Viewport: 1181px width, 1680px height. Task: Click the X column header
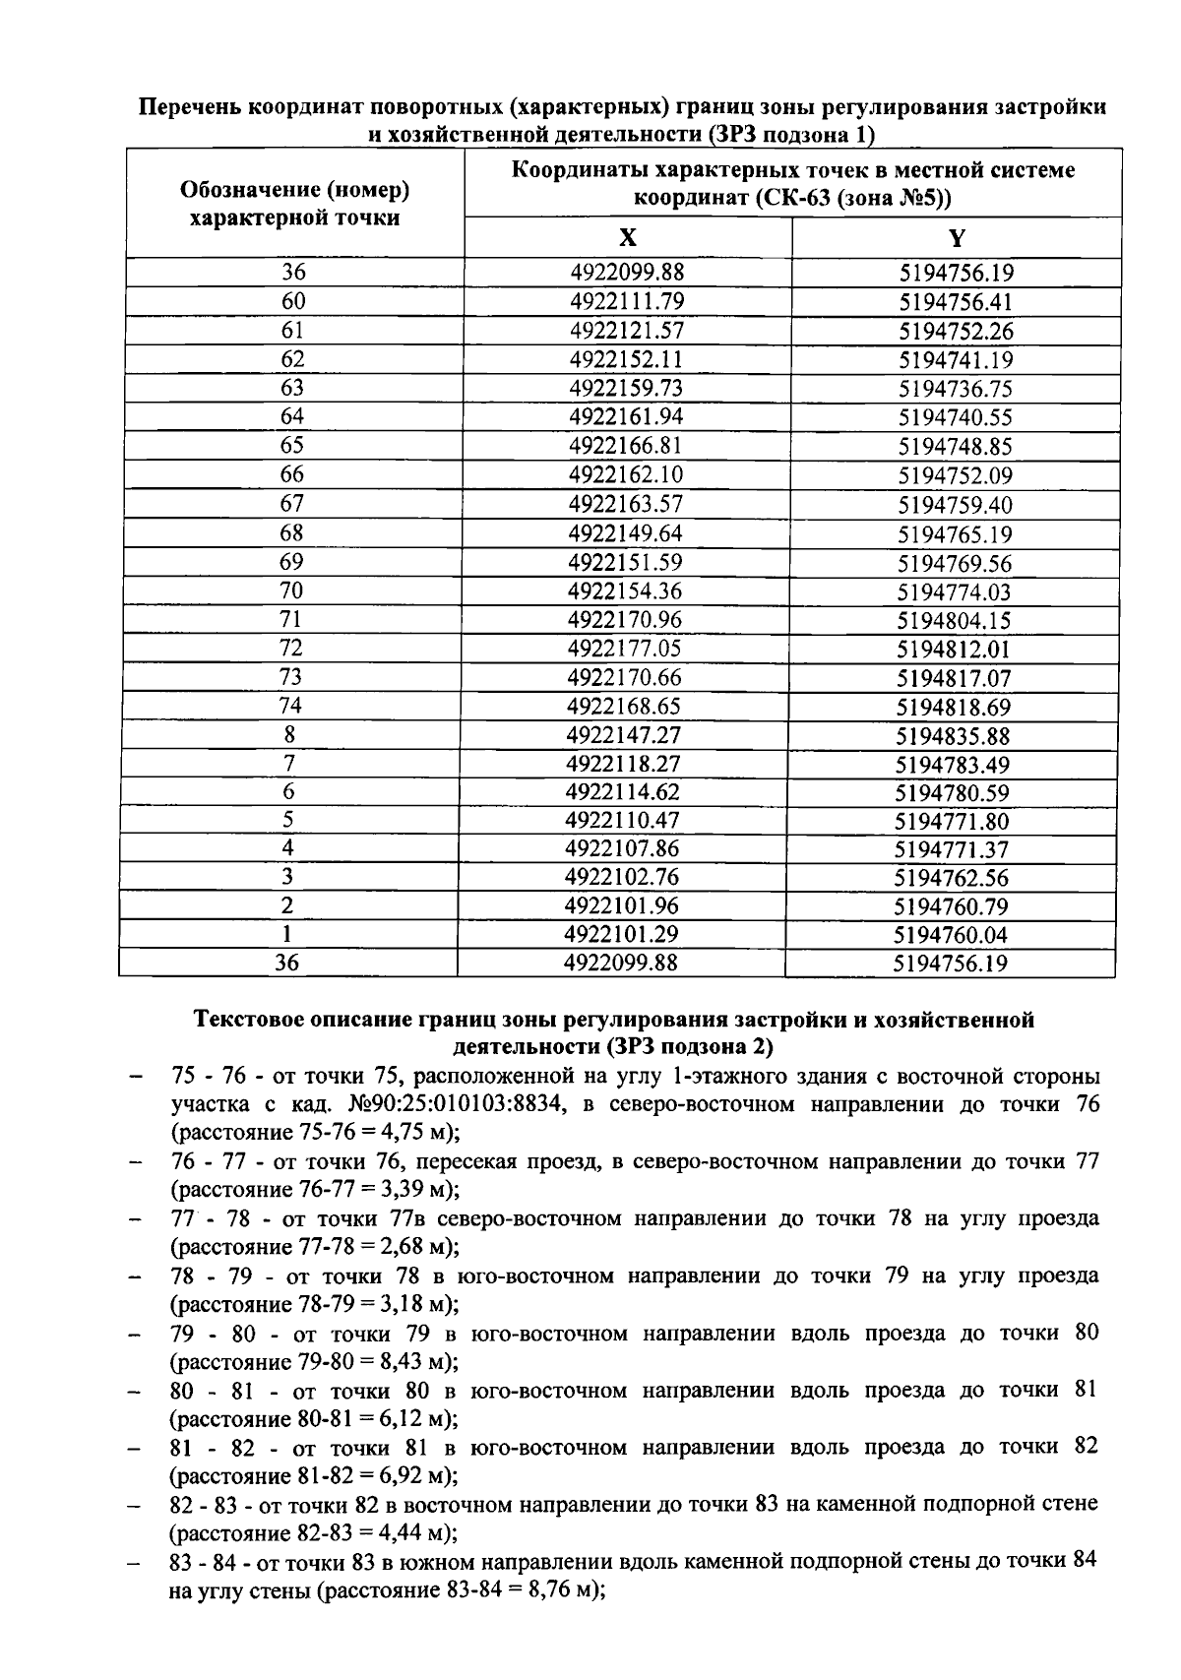[628, 238]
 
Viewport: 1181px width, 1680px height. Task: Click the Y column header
[957, 238]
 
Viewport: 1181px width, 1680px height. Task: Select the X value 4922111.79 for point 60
[627, 301]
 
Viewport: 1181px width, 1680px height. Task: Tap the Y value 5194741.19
[956, 359]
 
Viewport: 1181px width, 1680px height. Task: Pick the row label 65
[292, 445]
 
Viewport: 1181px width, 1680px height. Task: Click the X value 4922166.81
[626, 445]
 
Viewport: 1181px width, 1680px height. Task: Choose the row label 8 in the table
[289, 734]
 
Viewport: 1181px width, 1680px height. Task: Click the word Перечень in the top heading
[187, 106]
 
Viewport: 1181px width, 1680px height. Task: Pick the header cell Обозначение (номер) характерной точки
[294, 203]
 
